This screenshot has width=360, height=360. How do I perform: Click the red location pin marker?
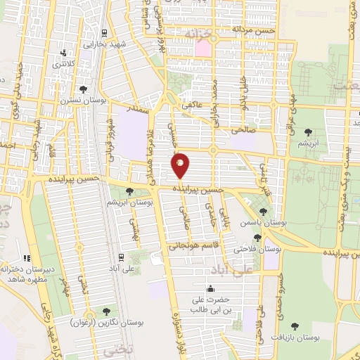point(181,165)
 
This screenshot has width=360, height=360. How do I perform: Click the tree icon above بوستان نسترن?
point(84,89)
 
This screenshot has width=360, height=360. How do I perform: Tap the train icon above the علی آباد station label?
point(122,257)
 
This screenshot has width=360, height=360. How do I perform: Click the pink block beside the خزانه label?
point(203,49)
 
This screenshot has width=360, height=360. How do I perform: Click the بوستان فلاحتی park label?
point(261,249)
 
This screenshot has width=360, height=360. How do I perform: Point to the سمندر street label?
point(137,110)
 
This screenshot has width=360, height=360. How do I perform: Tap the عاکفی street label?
point(193,105)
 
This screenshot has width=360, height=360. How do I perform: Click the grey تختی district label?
point(112,349)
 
